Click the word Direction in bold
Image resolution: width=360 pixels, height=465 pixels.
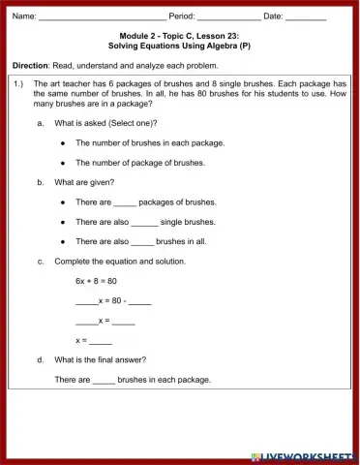[x=31, y=65]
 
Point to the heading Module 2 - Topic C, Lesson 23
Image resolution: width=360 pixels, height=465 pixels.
[x=179, y=35]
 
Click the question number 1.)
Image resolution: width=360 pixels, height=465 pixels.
[x=19, y=84]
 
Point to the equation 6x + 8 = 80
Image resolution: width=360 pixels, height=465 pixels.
[x=96, y=280]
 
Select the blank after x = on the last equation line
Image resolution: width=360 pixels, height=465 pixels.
[x=102, y=341]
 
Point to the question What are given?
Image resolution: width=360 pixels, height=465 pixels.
[x=84, y=182]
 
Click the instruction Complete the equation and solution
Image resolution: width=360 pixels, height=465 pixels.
[x=120, y=261]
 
